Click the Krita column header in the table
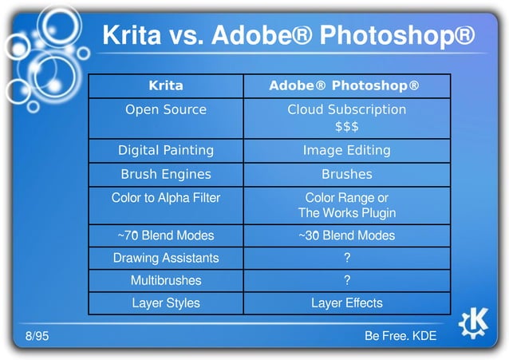click(166, 85)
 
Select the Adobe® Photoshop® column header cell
click(346, 85)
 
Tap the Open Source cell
click(166, 109)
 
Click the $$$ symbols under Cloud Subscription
click(346, 126)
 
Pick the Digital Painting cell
click(166, 150)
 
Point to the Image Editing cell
click(346, 150)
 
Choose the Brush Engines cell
click(166, 174)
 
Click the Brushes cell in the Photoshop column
click(346, 174)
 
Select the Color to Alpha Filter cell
click(166, 197)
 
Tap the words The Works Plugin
click(346, 213)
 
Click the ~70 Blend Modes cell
click(166, 235)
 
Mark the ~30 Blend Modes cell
click(346, 235)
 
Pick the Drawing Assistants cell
click(166, 258)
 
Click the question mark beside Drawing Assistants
click(346, 258)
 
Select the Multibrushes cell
click(166, 280)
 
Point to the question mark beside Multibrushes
click(346, 280)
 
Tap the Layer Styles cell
click(166, 303)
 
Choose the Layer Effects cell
click(346, 303)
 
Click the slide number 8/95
click(37, 336)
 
